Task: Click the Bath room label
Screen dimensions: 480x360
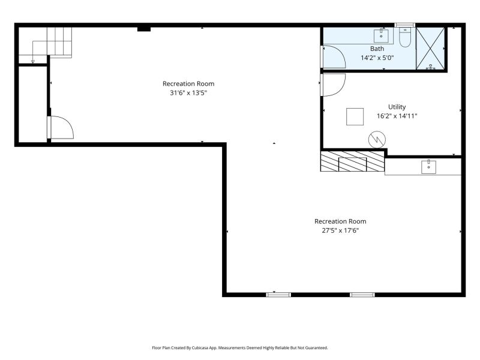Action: [377, 49]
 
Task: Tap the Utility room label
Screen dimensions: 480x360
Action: [397, 107]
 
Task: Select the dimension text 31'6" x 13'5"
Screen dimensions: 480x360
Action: [188, 93]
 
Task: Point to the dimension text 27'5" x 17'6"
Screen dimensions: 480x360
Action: [340, 230]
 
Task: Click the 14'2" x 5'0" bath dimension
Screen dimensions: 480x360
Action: [377, 58]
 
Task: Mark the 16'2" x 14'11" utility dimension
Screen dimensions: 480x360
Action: [397, 116]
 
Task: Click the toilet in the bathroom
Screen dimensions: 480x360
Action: [405, 37]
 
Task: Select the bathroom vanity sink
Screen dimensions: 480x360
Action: [381, 36]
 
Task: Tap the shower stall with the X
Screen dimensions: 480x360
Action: [430, 49]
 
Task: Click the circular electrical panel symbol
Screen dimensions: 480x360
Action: [377, 140]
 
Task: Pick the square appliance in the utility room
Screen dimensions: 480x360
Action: [355, 116]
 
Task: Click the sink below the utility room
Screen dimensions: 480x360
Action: [428, 167]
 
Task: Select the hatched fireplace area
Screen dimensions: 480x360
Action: [352, 161]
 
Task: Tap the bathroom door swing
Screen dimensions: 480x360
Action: [334, 56]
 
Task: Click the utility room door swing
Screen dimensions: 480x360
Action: [333, 85]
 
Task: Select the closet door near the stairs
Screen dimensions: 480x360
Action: [61, 127]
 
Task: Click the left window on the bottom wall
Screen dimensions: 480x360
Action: [278, 295]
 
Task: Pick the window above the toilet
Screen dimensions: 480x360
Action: [404, 25]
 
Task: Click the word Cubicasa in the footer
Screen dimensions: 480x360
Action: [199, 348]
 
